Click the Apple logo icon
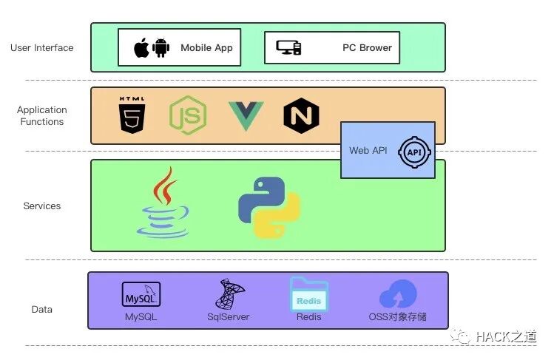click(x=141, y=48)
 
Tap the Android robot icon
click(x=161, y=48)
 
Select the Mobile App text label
click(x=206, y=48)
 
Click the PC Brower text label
click(x=367, y=48)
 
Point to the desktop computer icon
click(x=288, y=48)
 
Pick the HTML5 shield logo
click(x=132, y=115)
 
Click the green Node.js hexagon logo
click(x=188, y=115)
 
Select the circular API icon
click(x=413, y=152)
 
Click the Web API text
click(x=368, y=151)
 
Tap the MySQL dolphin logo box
click(x=141, y=294)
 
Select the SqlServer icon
click(x=228, y=294)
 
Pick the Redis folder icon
click(x=308, y=294)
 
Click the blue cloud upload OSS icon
click(x=398, y=295)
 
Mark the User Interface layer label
click(x=42, y=48)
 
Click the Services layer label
click(x=42, y=206)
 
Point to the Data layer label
click(x=42, y=310)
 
